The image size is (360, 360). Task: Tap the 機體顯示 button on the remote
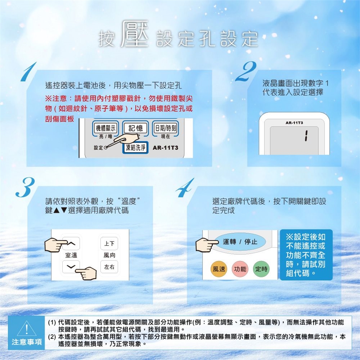[x=105, y=128]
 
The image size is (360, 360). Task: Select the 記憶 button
[x=135, y=128]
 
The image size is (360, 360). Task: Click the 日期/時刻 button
[x=165, y=128]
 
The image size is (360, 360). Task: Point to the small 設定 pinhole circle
[x=106, y=148]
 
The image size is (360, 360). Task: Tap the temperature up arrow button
[x=71, y=243]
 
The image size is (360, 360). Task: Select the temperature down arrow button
[x=71, y=267]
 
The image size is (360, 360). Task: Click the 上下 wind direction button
[x=109, y=243]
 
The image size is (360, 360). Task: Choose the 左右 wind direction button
[x=109, y=267]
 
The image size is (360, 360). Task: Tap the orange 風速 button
[x=219, y=269]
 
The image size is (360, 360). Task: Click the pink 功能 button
[x=240, y=269]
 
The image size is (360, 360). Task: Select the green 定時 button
[x=261, y=269]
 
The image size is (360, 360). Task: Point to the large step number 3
[x=25, y=187]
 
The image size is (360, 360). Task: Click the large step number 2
[x=246, y=71]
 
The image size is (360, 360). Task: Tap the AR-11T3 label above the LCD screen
[x=294, y=123]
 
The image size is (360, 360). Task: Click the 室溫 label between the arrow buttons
[x=71, y=255]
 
